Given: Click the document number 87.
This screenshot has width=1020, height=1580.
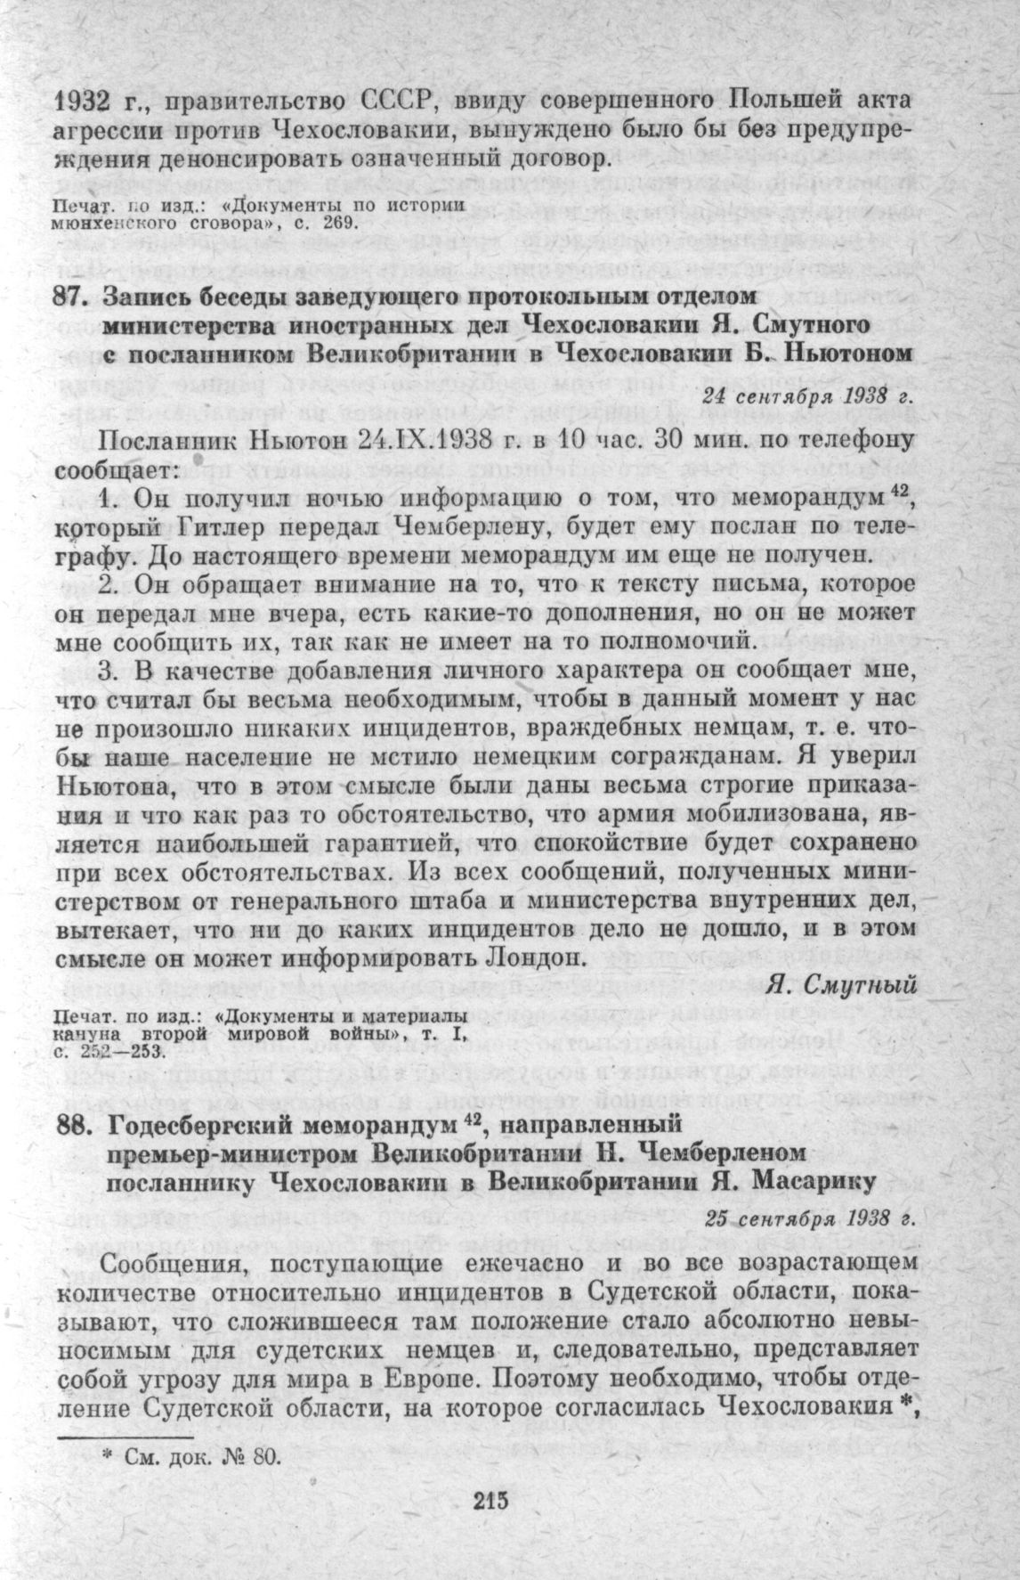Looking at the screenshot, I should tap(70, 295).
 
